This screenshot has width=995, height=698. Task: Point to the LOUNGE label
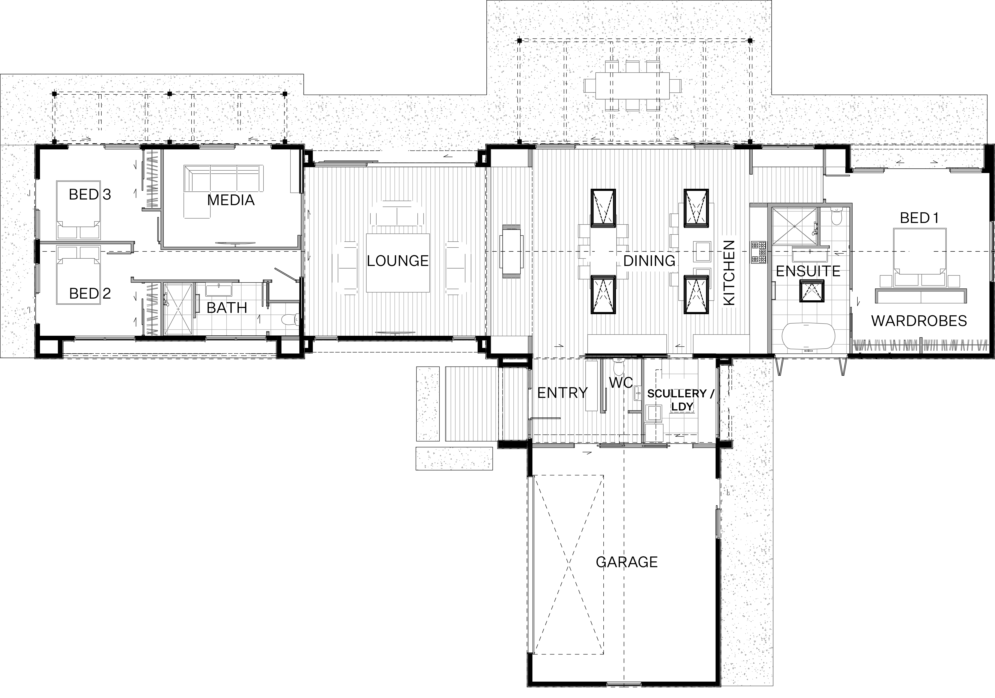point(397,261)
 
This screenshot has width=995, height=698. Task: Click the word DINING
point(649,261)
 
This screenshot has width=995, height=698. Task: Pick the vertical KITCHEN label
point(729,273)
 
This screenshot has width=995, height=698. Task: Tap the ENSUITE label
point(808,271)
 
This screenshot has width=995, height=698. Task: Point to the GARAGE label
point(627,562)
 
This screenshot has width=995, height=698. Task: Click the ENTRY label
point(562,393)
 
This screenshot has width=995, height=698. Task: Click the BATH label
point(227,308)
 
